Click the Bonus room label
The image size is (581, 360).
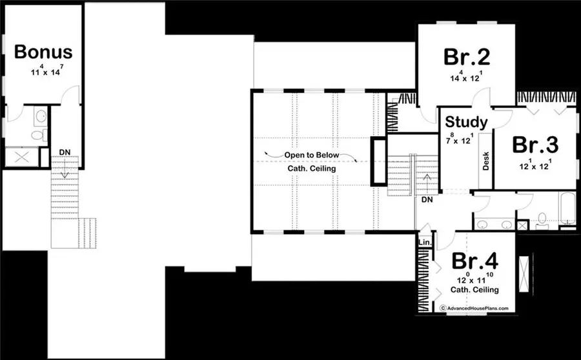[x=43, y=51]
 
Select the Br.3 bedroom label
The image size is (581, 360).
[x=536, y=144]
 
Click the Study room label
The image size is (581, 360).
[x=466, y=121]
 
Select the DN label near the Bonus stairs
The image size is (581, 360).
[x=65, y=152]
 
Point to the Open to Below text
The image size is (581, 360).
[x=312, y=155]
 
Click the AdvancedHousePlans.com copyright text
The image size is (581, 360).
[x=474, y=309]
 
